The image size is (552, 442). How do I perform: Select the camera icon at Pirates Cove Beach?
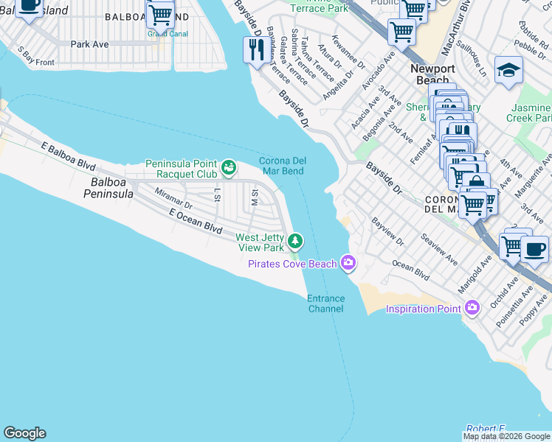coord(348,263)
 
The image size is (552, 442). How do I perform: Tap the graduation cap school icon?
coord(508,71)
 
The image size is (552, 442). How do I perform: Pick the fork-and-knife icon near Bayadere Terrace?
coord(256,50)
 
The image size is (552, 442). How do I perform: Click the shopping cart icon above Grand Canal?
coord(159,14)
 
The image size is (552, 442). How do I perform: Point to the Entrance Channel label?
coord(325,304)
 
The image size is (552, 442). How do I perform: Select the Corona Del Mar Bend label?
coord(282,166)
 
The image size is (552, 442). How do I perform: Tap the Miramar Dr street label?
coord(173,198)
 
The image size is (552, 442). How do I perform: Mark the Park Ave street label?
coord(89,44)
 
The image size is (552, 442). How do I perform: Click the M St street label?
coord(254,197)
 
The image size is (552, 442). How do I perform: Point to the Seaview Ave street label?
coord(438,250)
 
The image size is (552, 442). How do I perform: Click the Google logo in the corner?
coord(24,433)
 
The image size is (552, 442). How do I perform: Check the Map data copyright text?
coord(506,436)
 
